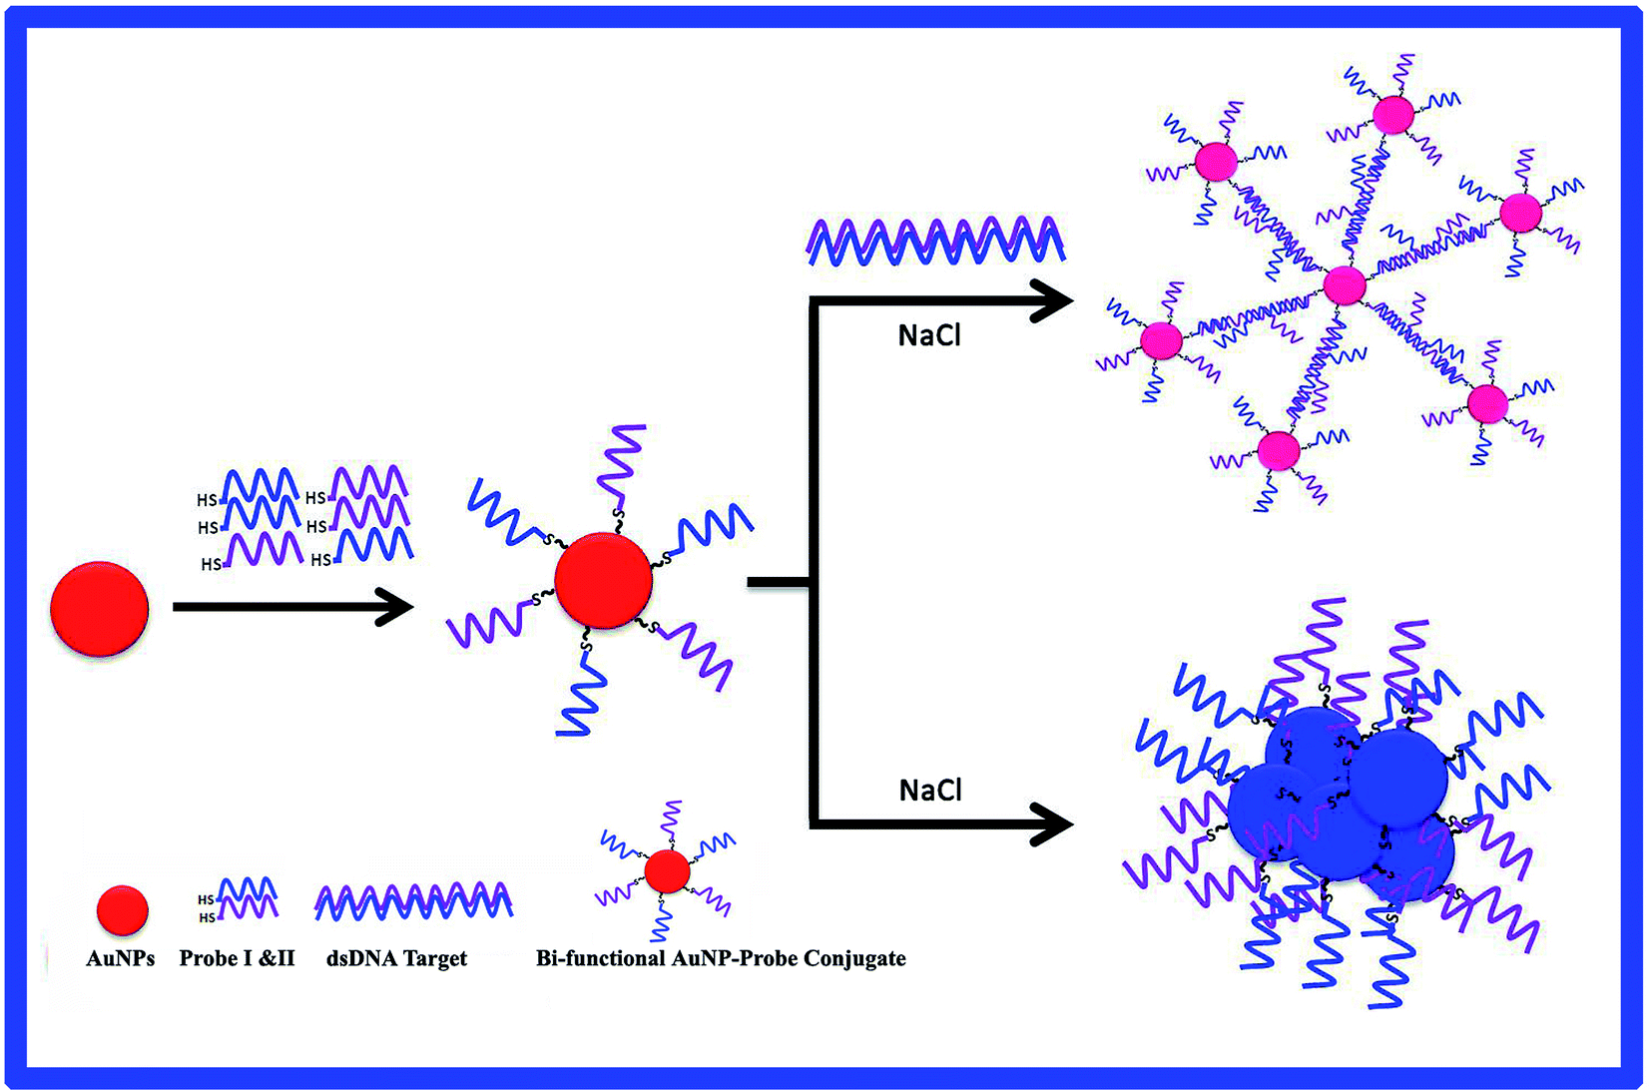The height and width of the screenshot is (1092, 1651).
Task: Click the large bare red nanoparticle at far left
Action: [99, 608]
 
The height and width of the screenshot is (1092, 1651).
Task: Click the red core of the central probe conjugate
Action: [603, 581]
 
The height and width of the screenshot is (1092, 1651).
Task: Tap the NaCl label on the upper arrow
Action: [929, 335]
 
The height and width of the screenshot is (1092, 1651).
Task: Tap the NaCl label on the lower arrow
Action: [930, 791]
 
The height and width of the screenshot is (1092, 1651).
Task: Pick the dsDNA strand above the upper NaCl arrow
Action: [935, 241]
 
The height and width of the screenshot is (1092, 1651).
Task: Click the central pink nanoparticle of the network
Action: [1344, 285]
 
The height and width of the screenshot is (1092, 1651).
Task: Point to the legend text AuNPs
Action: [121, 958]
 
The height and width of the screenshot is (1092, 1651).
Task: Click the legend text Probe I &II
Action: [237, 958]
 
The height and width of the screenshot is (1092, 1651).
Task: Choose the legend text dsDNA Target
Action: [396, 958]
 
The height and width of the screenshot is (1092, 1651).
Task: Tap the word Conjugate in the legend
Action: [854, 958]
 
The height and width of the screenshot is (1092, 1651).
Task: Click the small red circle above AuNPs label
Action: [122, 909]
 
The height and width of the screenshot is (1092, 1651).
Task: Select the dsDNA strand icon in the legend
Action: [413, 900]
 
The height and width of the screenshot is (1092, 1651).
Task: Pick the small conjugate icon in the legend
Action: [667, 871]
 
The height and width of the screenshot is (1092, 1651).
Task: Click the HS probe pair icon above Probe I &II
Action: [240, 898]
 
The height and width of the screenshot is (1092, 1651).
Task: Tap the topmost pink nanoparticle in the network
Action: [1392, 114]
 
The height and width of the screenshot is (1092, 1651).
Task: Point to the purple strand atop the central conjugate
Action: [623, 464]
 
